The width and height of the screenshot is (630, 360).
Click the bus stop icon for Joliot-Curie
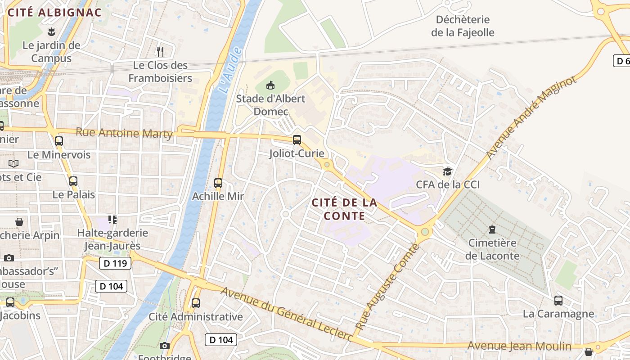[297, 140]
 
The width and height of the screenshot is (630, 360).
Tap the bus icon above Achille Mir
[218, 183]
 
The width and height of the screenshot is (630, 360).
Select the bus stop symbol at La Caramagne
[558, 301]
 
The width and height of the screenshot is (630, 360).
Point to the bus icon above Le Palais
[73, 181]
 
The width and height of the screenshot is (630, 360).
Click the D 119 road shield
[115, 263]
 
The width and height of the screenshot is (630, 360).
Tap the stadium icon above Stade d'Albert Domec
[270, 85]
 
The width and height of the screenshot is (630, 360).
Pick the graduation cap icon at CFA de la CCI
[447, 171]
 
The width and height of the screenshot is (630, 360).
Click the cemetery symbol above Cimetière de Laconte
[492, 229]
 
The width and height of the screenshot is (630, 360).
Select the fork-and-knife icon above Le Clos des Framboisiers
[160, 51]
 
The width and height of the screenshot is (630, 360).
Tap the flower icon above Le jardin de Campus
[51, 31]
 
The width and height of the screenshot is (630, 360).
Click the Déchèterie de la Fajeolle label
[463, 26]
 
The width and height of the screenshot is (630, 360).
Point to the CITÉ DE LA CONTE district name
[345, 209]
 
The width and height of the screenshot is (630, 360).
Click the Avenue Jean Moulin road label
[520, 346]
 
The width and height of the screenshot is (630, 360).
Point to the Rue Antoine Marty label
[124, 133]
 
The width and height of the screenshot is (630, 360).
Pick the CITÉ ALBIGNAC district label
[55, 13]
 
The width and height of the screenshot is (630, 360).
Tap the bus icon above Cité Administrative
[196, 303]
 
